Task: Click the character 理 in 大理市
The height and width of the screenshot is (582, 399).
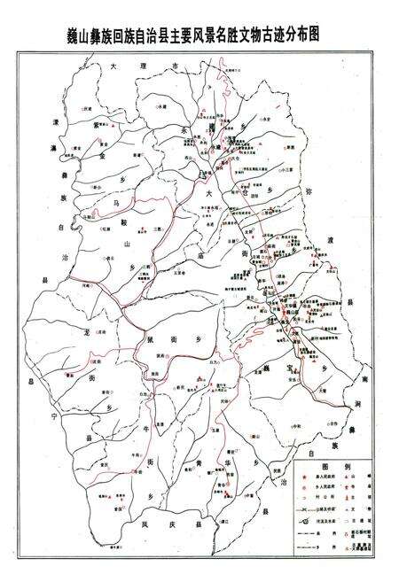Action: click(126, 66)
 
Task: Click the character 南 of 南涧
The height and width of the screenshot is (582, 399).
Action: click(364, 379)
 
